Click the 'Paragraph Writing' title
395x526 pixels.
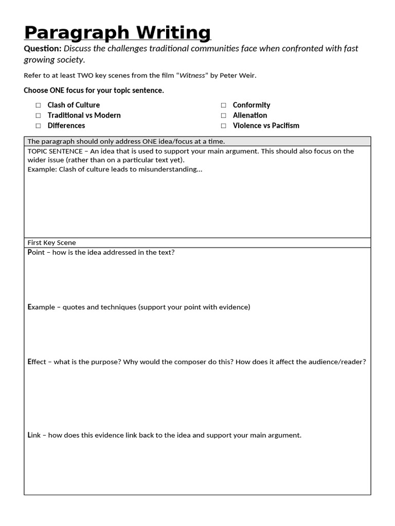[117, 32]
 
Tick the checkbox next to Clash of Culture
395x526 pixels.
[38, 105]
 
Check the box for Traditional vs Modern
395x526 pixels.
[38, 116]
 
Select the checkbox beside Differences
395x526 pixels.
[38, 126]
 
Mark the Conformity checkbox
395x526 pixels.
[223, 105]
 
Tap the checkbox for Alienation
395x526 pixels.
[223, 116]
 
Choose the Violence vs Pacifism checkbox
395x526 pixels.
[223, 126]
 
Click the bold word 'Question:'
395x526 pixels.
[42, 48]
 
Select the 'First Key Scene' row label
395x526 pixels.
[51, 242]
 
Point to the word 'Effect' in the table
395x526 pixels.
[37, 362]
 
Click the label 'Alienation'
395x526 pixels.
[250, 116]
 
